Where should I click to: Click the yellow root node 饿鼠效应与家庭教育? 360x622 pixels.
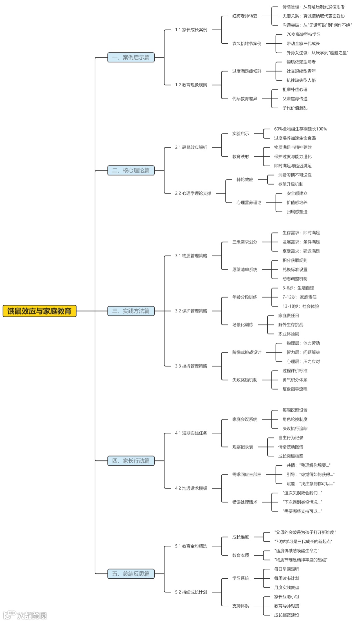coord(39,311)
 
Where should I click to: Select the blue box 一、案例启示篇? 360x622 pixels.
coord(131,57)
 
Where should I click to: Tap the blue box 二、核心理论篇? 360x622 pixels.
coord(131,170)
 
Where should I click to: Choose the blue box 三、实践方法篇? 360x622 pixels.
coord(131,311)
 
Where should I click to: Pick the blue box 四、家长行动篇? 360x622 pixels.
coord(131,461)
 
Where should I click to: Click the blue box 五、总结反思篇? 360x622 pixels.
coord(131,574)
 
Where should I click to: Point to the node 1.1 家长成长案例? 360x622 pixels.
coord(191,30)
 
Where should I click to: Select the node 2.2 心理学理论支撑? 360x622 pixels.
coord(193,193)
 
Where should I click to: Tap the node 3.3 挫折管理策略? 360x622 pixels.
coord(191,366)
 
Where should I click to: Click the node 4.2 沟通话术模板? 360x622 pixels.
coord(191,488)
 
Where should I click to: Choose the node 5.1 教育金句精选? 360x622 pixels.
coord(191,546)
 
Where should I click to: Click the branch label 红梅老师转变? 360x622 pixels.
coord(245,16)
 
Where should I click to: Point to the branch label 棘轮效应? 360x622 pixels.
coord(245,180)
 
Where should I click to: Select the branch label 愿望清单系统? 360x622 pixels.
coord(245,270)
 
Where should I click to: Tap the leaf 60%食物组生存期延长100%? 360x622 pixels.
coord(300,129)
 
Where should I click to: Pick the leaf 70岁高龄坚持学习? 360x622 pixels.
coord(303,34)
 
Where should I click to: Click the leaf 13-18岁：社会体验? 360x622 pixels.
coord(300,306)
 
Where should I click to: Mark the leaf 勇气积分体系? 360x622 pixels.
coord(295,380)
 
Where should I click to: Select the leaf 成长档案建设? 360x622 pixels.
coord(286,615)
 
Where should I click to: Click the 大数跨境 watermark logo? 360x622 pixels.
coord(25,615)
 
